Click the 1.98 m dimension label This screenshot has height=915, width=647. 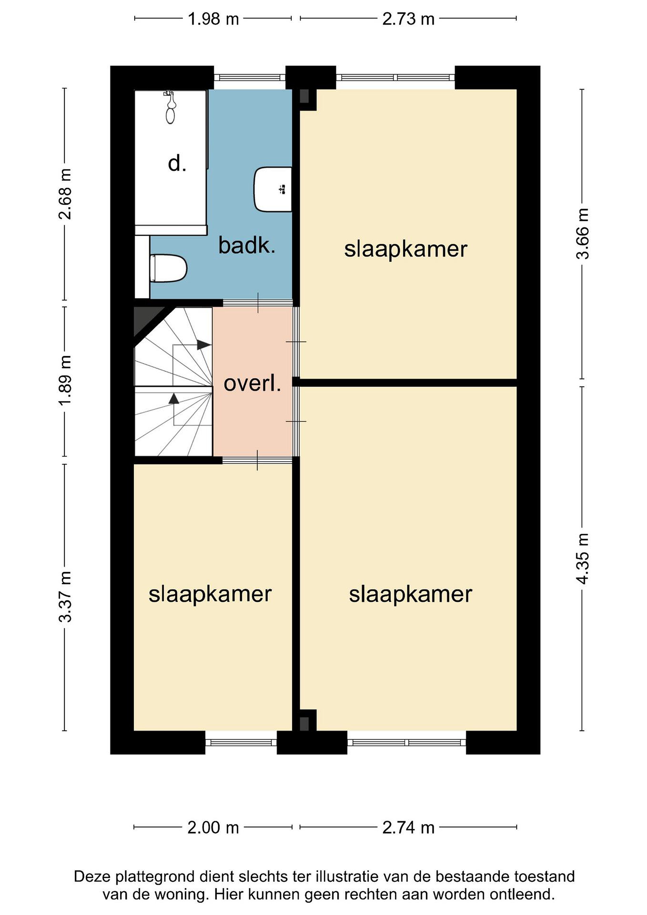pyautogui.click(x=213, y=19)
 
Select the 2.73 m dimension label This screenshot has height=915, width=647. pyautogui.click(x=408, y=19)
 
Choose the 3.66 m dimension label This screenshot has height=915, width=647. pyautogui.click(x=583, y=234)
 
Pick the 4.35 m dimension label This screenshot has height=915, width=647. pyautogui.click(x=583, y=559)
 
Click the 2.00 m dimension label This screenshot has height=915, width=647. pyautogui.click(x=213, y=828)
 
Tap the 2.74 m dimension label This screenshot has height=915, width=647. pyautogui.click(x=408, y=828)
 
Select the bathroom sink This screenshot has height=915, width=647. pyautogui.click(x=273, y=189)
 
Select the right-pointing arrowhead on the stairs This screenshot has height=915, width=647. pyautogui.click(x=204, y=345)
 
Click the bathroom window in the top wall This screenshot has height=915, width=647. pyautogui.click(x=250, y=77)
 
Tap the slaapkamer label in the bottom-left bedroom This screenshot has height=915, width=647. pyautogui.click(x=210, y=594)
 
